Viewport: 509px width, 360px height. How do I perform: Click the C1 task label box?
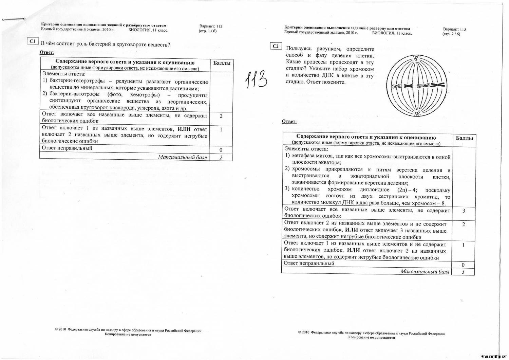tap(32, 41)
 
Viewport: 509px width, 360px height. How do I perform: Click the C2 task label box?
tap(276, 46)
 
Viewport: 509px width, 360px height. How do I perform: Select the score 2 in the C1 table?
tap(221, 116)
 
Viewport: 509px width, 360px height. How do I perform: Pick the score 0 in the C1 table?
tap(221, 150)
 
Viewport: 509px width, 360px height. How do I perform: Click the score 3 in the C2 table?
tap(464, 211)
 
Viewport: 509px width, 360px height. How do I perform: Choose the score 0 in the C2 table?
tap(463, 265)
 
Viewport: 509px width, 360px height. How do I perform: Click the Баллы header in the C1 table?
tap(221, 63)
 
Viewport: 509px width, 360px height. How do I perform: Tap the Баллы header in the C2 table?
tap(464, 138)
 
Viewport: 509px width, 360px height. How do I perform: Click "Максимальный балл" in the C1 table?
tap(183, 157)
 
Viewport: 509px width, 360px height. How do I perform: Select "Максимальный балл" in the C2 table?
tap(425, 272)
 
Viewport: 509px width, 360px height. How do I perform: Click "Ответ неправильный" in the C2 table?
tap(309, 263)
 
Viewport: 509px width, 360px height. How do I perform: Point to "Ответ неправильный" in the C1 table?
tap(67, 148)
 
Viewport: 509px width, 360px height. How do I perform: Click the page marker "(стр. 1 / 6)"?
tap(207, 31)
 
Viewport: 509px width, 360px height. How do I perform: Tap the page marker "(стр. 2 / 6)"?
tap(451, 34)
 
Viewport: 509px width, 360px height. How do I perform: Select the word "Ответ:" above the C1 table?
tap(47, 52)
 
